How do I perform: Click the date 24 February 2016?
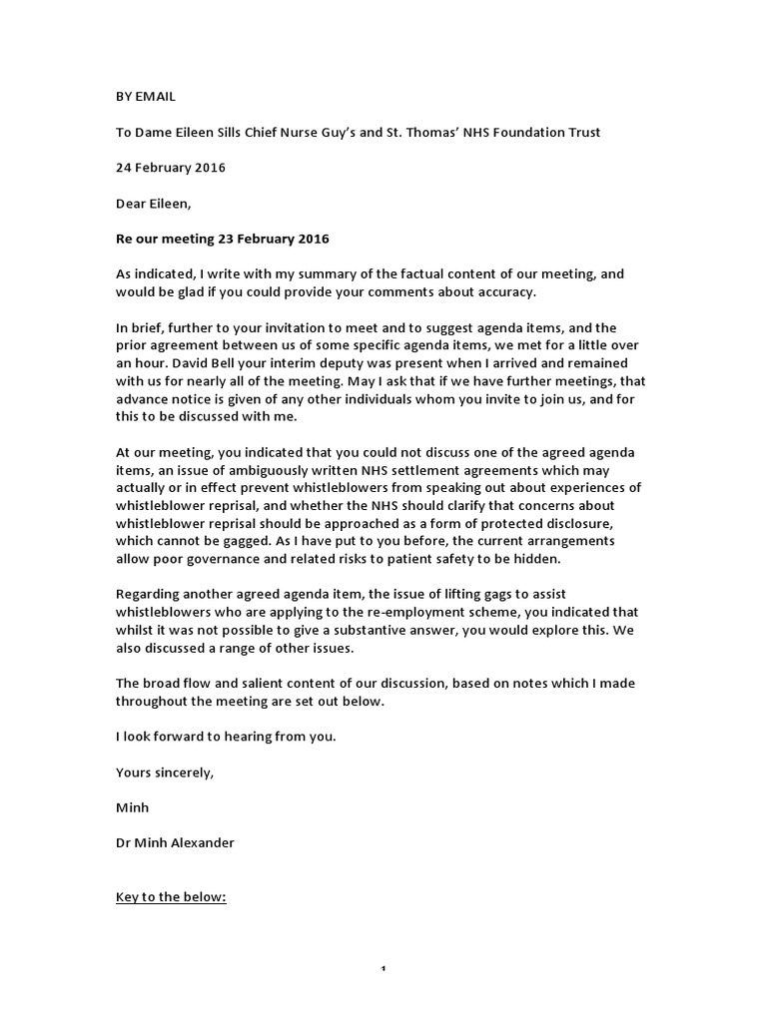pyautogui.click(x=171, y=168)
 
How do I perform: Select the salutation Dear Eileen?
pyautogui.click(x=156, y=203)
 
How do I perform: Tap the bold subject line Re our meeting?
pyautogui.click(x=223, y=239)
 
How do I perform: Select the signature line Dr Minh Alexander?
pyautogui.click(x=176, y=842)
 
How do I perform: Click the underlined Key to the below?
pyautogui.click(x=172, y=896)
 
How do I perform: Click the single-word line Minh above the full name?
pyautogui.click(x=133, y=806)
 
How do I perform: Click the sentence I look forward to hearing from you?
pyautogui.click(x=225, y=736)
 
